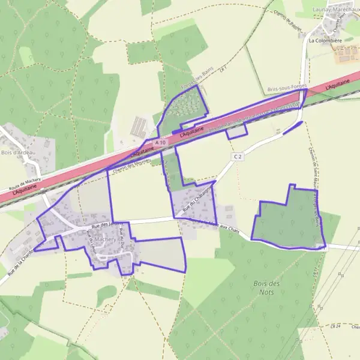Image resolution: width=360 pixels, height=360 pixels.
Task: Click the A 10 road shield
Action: tap(160, 142)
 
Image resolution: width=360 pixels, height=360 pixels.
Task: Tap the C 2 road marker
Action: tap(238, 157)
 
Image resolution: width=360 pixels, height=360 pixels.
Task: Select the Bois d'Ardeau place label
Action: tap(19, 153)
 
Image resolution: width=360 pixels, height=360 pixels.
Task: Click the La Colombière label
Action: tap(325, 41)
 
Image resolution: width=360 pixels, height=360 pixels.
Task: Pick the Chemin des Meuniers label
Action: tap(128, 164)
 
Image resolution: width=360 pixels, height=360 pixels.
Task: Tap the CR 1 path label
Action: tap(223, 70)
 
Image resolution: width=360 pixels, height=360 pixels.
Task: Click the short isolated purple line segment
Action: tap(292, 127)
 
